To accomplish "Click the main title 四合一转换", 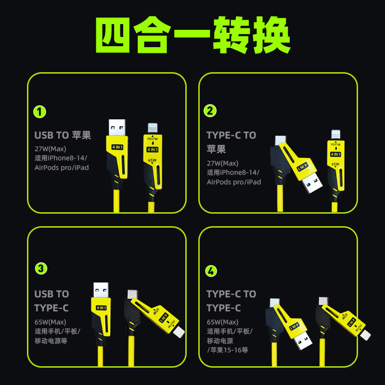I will [x=192, y=37].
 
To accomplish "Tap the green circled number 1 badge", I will [x=40, y=112].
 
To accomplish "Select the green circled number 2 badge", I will [x=210, y=111].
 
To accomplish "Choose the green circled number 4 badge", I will [x=211, y=270].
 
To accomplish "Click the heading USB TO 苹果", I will [x=63, y=135].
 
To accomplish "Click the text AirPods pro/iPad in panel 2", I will [x=233, y=182].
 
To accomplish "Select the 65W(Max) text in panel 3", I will [x=50, y=321].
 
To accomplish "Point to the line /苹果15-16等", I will [x=227, y=350].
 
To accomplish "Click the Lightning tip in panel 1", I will [x=152, y=129].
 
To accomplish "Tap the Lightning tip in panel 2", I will [x=336, y=134].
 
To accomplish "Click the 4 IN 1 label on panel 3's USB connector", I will [x=102, y=307].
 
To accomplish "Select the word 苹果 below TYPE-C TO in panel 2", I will [x=216, y=149].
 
